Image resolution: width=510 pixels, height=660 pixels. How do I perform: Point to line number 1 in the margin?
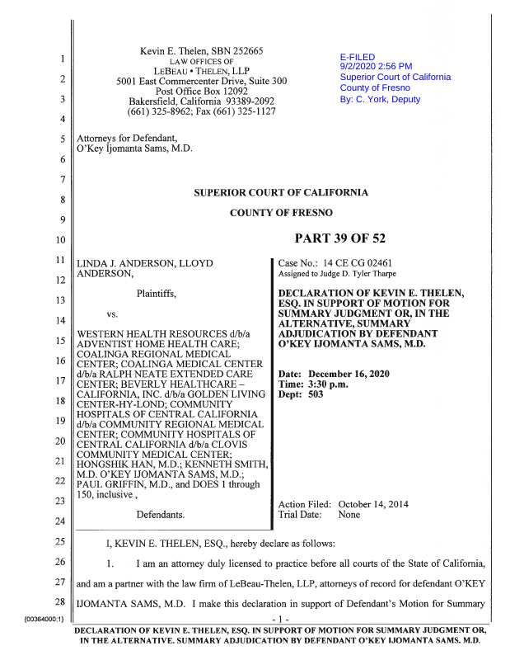pyautogui.click(x=62, y=59)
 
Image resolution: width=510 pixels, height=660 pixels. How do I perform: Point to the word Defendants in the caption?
pyautogui.click(x=160, y=515)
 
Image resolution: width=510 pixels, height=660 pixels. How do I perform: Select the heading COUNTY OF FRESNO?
pyautogui.click(x=281, y=213)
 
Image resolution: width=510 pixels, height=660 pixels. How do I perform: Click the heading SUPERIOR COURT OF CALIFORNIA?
pyautogui.click(x=281, y=193)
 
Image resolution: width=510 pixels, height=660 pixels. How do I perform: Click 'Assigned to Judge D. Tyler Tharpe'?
pyautogui.click(x=337, y=274)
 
